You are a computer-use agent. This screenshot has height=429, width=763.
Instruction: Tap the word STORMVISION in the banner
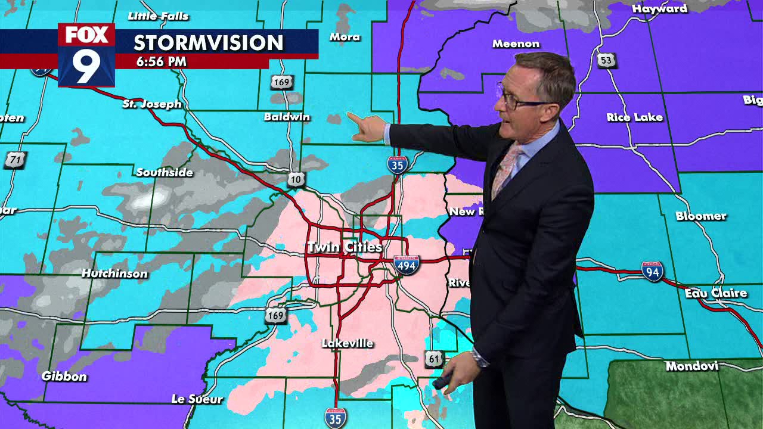(x=208, y=43)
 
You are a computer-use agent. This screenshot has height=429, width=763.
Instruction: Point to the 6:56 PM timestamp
(x=161, y=61)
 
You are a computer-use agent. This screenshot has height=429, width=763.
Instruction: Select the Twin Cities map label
(x=344, y=247)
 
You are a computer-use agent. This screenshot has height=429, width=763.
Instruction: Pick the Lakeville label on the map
(x=348, y=343)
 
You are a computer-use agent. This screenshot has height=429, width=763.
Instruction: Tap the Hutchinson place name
(x=114, y=273)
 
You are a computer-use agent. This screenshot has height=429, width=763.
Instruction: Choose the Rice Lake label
(x=634, y=117)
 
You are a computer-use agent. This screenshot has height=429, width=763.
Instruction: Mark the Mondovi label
(x=691, y=366)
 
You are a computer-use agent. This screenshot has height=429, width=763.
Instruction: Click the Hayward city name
(x=659, y=9)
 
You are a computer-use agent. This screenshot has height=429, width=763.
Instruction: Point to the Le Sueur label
(x=197, y=399)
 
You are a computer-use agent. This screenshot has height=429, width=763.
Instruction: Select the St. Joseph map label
(x=152, y=104)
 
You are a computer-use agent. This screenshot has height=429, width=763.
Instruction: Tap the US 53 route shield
(x=606, y=60)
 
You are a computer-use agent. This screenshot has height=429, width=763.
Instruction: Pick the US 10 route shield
(x=296, y=179)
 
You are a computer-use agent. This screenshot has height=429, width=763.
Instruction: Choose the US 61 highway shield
(x=433, y=359)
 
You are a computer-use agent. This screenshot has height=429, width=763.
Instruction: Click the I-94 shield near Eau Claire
(x=652, y=272)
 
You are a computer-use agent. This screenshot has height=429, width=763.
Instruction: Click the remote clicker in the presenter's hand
(x=444, y=381)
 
